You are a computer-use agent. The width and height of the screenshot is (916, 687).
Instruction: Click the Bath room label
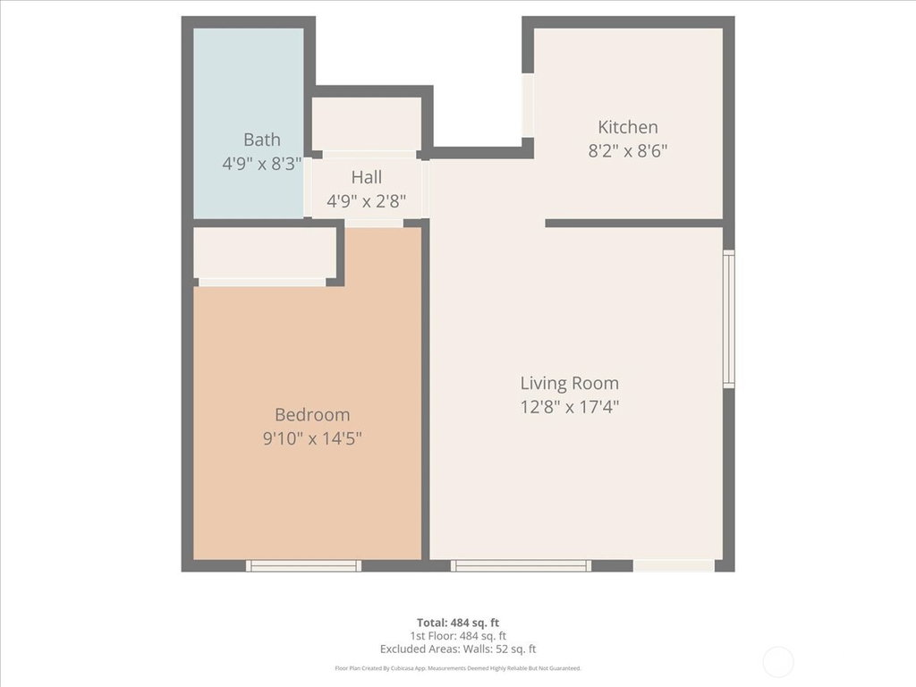(262, 140)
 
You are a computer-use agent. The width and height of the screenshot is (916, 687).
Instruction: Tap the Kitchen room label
(628, 127)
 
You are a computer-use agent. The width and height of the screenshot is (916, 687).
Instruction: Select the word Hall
(367, 177)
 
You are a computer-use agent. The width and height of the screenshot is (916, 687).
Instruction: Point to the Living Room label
(570, 383)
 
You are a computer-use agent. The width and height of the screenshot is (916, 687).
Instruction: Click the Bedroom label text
(312, 415)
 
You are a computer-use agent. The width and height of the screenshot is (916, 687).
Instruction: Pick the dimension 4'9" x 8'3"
(262, 164)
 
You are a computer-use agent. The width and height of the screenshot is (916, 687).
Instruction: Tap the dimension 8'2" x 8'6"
(628, 151)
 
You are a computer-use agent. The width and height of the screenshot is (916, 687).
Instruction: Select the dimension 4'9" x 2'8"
(366, 201)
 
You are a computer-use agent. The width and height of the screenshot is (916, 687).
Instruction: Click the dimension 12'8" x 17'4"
(570, 407)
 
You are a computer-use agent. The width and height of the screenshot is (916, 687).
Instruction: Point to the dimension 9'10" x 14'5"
(312, 438)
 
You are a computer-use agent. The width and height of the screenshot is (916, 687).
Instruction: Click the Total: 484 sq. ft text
(458, 623)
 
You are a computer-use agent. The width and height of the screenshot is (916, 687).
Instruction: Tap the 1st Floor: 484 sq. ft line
(458, 636)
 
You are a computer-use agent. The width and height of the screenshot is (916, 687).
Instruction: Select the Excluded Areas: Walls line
(458, 649)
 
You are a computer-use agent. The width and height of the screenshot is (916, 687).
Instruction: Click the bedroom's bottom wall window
(303, 565)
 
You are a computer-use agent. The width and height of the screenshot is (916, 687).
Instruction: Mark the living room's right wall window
(729, 319)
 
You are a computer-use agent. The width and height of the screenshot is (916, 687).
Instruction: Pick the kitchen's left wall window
(528, 106)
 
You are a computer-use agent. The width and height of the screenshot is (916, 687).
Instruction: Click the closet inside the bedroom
(265, 253)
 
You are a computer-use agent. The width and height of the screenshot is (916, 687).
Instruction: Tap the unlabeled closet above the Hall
(366, 123)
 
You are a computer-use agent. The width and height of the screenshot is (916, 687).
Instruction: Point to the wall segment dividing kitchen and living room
(634, 223)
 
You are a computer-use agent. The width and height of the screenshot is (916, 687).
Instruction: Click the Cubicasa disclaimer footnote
(458, 668)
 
